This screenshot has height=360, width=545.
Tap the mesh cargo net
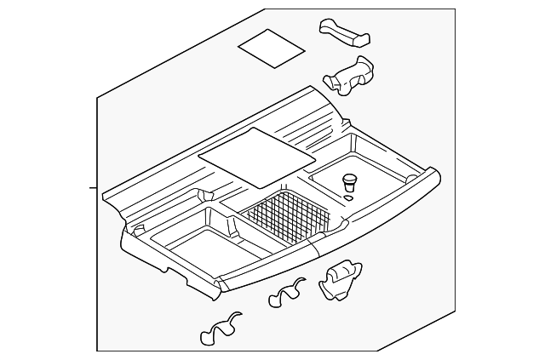point(287,220)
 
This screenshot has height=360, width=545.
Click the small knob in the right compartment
point(348,181)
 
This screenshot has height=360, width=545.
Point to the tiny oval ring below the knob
point(349,197)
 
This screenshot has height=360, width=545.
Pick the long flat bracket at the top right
point(346,31)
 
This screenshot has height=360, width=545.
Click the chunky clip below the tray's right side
point(337,279)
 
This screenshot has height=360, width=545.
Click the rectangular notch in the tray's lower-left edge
point(178,275)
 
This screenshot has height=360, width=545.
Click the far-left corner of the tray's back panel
point(104,195)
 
